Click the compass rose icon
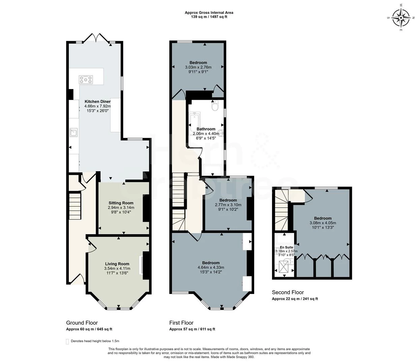point(401,18)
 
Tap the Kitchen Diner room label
point(97,101)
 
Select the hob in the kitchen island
point(86,80)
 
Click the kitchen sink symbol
point(73,132)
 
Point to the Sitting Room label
point(121,203)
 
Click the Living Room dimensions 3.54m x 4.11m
point(117,268)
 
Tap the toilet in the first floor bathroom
point(215,107)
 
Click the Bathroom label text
point(206,129)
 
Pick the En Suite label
point(287,247)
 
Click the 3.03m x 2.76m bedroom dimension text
point(198,67)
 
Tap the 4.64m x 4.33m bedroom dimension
point(211,267)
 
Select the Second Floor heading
point(288,292)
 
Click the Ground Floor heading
point(82,323)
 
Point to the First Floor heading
point(181,323)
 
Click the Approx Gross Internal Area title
point(209,13)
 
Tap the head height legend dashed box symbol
point(67,341)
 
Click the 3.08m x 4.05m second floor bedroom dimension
point(323,223)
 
